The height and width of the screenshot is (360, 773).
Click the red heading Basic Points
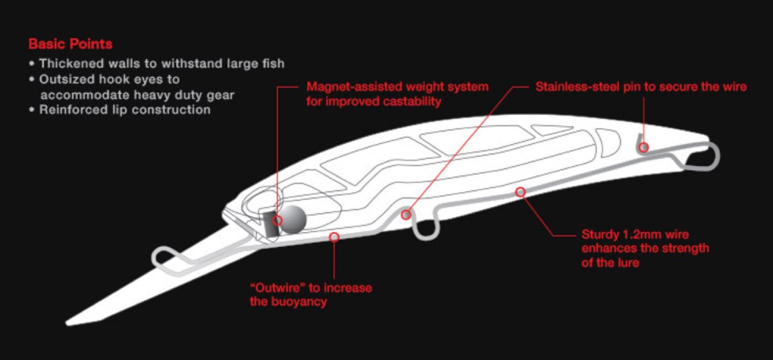click(x=70, y=44)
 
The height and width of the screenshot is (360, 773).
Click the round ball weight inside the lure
click(x=293, y=219)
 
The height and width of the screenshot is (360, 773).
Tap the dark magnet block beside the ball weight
click(x=271, y=224)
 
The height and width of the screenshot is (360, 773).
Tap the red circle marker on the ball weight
click(x=277, y=220)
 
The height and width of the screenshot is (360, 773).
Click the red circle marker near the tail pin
click(x=644, y=147)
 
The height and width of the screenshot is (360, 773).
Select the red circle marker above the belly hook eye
click(x=406, y=214)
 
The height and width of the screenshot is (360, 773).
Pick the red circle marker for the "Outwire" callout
click(x=334, y=237)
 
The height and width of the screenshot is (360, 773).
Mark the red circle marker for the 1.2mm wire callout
click(x=521, y=192)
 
